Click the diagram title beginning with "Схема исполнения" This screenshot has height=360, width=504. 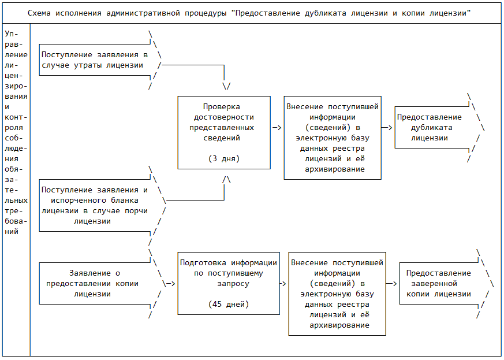click(252, 12)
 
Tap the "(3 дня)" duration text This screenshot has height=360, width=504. click(223, 158)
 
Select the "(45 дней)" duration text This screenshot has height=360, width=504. click(228, 303)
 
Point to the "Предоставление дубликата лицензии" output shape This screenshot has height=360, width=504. click(432, 128)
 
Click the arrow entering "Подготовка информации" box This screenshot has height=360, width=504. click(169, 283)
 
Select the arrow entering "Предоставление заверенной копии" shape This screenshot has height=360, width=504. click(393, 283)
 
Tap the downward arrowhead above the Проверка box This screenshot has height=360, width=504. click(226, 86)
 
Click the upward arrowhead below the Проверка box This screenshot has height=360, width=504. click(226, 180)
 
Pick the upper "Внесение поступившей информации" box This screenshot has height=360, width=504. click(333, 138)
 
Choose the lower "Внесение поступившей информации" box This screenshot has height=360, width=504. click(337, 294)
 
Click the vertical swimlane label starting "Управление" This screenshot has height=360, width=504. click(16, 133)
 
